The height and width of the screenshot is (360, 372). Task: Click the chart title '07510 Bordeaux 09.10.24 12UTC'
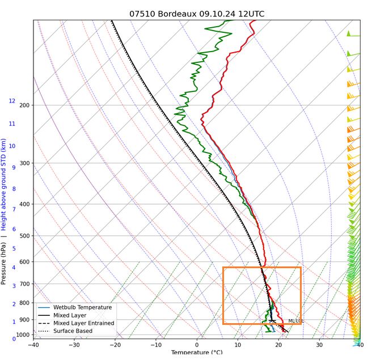pyautogui.click(x=197, y=14)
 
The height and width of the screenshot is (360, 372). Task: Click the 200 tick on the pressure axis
pyautogui.click(x=24, y=105)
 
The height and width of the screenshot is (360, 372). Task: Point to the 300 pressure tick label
pyautogui.click(x=24, y=163)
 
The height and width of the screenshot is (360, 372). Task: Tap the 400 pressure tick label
pyautogui.click(x=24, y=204)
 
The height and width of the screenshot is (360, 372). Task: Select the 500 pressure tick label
pyautogui.click(x=24, y=236)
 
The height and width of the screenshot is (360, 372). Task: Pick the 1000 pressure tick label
pyautogui.click(x=22, y=335)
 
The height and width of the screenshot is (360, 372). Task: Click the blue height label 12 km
pyautogui.click(x=12, y=101)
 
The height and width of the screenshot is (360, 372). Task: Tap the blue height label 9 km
pyautogui.click(x=14, y=167)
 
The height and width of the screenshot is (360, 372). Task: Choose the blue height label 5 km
pyautogui.click(x=14, y=249)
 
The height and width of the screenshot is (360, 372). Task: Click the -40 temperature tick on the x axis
pyautogui.click(x=33, y=345)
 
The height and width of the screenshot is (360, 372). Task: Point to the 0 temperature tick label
pyautogui.click(x=197, y=345)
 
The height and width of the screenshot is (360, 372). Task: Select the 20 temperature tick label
pyautogui.click(x=278, y=345)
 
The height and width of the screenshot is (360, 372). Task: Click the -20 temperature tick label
pyautogui.click(x=115, y=345)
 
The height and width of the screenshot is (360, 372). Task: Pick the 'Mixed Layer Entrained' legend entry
pyautogui.click(x=83, y=323)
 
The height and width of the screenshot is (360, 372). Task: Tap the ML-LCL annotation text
pyautogui.click(x=295, y=321)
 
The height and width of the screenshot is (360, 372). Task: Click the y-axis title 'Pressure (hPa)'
pyautogui.click(x=4, y=264)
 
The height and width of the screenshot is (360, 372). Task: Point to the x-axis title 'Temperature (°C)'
pyautogui.click(x=197, y=353)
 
